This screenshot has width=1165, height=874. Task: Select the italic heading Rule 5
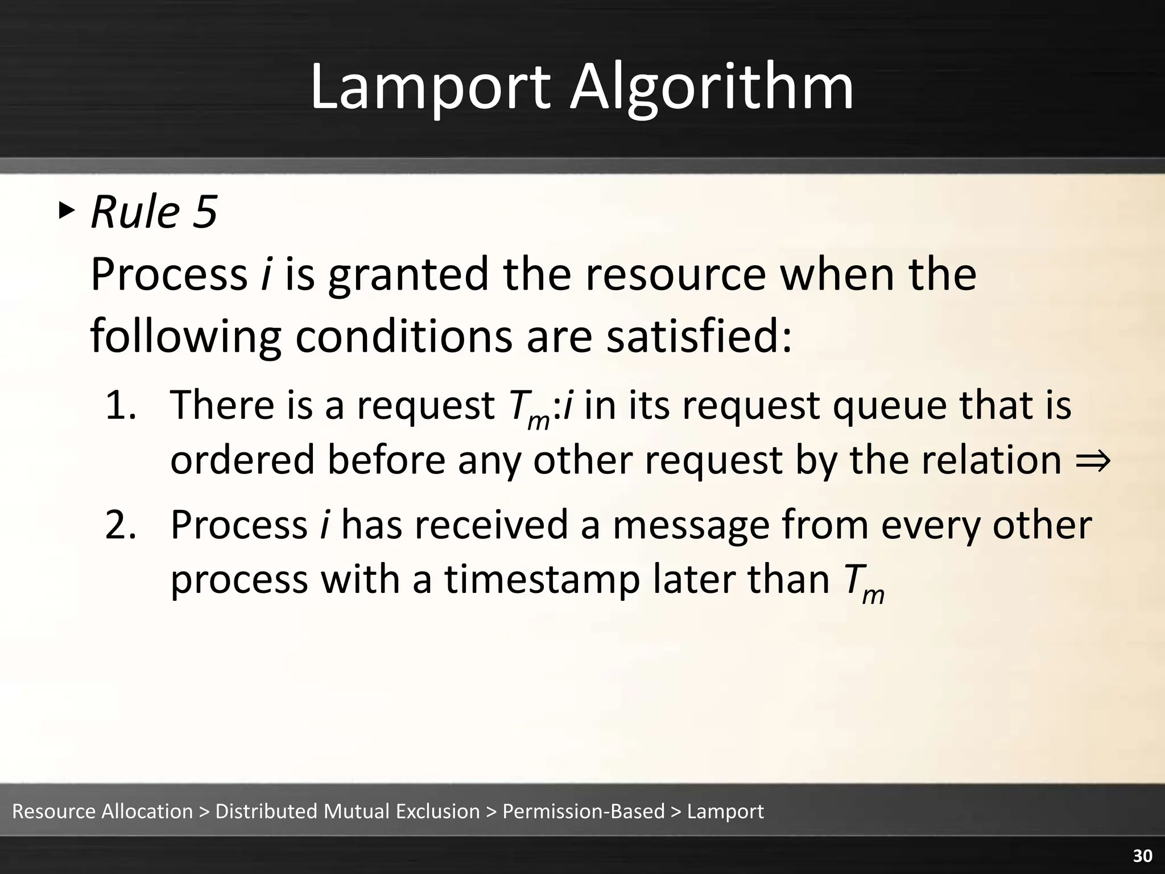[x=154, y=212]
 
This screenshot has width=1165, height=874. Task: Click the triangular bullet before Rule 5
[x=66, y=211]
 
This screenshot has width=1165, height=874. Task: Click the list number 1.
[x=121, y=405]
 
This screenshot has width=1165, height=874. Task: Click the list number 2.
[x=121, y=525]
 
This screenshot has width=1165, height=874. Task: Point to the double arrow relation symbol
[x=1093, y=460]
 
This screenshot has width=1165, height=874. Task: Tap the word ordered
[x=242, y=460]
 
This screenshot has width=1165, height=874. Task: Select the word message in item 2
[x=691, y=525]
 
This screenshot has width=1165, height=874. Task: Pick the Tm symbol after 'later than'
[x=862, y=583]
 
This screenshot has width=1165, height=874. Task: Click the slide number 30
[x=1142, y=856]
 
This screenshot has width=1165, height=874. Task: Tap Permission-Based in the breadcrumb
[x=583, y=811]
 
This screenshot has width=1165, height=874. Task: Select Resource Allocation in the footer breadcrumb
[x=102, y=811]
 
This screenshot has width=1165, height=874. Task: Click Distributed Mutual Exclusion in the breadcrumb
[x=348, y=811]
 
